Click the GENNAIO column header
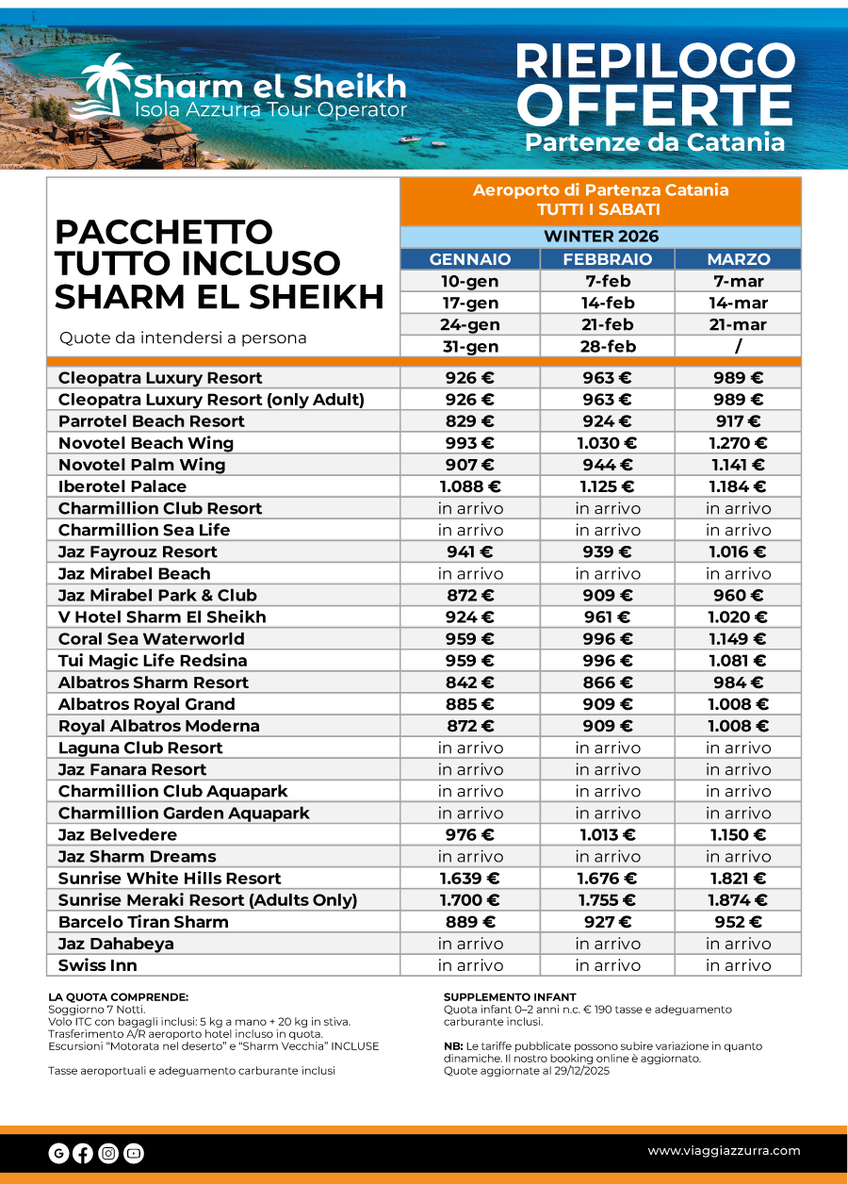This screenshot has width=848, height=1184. (470, 259)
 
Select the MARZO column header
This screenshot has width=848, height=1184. (738, 259)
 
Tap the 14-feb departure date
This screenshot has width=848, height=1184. (607, 303)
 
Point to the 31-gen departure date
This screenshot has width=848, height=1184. (470, 346)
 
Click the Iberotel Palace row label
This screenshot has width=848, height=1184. (122, 486)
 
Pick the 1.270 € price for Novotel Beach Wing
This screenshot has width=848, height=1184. (738, 443)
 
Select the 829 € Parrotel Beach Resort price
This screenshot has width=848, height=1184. (470, 421)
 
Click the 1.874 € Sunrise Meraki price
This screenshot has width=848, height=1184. (738, 900)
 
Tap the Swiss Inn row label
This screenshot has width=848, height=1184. (98, 965)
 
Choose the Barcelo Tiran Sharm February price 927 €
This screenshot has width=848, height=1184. (607, 922)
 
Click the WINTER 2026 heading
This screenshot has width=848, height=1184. (600, 237)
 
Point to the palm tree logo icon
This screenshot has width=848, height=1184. (105, 88)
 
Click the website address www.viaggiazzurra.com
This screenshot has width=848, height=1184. (724, 1150)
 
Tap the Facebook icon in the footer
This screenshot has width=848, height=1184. (83, 1153)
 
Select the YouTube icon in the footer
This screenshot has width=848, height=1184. (133, 1153)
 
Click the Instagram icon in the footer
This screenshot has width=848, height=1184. (108, 1153)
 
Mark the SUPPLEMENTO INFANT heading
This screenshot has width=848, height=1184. (509, 997)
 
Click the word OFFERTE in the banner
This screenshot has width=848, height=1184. (654, 106)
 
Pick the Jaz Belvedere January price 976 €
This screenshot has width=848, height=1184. (470, 835)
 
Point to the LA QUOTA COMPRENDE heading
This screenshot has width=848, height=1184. (118, 997)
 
